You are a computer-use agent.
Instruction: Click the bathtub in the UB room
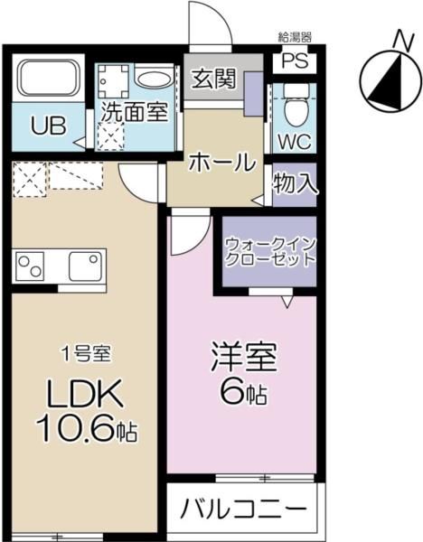point(49,78)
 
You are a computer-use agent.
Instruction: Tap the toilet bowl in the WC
point(295,105)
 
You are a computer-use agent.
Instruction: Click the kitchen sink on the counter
point(85,266)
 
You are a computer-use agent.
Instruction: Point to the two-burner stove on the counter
point(31,266)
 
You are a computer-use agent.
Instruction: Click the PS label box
point(295,61)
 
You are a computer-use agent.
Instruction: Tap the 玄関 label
point(214,79)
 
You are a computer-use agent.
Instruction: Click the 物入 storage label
point(295,183)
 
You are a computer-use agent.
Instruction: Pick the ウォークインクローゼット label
point(270,252)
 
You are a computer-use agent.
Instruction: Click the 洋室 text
point(244,357)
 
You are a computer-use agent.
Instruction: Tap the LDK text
point(85,394)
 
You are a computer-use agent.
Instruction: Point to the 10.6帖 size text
point(87,428)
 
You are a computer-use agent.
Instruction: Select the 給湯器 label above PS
point(295,37)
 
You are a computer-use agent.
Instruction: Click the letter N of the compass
point(405,41)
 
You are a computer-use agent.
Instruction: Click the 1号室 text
point(86,355)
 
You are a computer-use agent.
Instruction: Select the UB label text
point(49,126)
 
